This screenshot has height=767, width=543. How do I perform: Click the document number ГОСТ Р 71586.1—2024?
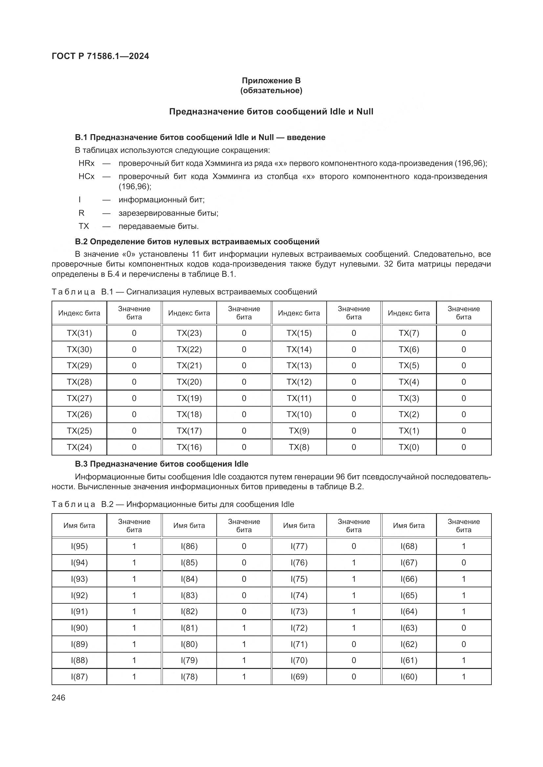pos(100,56)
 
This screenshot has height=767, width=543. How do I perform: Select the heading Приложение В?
pos(271,81)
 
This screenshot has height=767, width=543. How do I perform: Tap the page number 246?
pos(58,698)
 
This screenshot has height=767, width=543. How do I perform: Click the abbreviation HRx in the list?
pos(87,163)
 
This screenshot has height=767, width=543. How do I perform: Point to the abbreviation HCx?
pos(87,176)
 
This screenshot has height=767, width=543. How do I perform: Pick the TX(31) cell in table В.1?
pos(79,333)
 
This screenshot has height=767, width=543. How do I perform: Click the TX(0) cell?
pos(409,447)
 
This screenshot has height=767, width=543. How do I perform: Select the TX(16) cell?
pos(189,447)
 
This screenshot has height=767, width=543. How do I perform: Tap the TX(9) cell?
pos(299,431)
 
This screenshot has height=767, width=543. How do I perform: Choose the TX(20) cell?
pos(189,382)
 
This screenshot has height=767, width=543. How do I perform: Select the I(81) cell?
pos(189,628)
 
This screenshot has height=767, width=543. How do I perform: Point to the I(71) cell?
pos(299,644)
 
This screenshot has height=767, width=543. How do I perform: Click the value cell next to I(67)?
pos(464,563)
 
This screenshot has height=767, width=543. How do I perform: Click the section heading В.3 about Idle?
pos(162,464)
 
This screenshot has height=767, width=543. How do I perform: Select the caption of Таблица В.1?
pos(184,292)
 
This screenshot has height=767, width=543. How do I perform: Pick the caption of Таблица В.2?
pos(173,504)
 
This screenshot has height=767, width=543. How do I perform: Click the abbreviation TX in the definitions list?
pos(84,226)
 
